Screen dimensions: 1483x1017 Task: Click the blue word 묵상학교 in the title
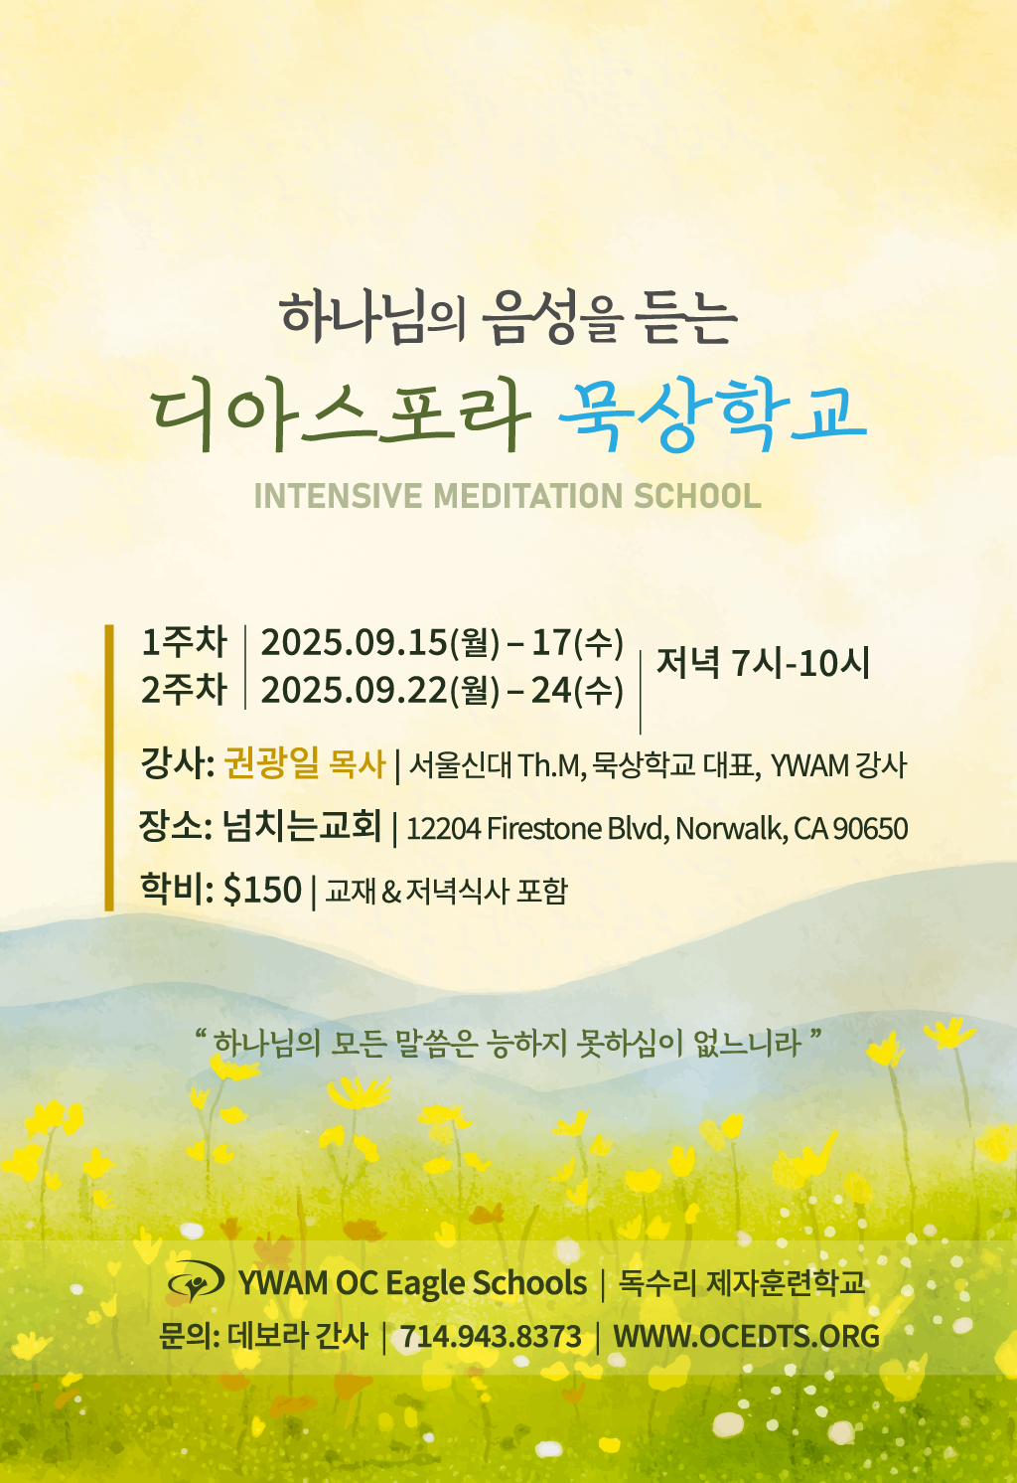[x=712, y=415]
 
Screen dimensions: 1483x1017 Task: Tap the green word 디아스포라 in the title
[x=341, y=415]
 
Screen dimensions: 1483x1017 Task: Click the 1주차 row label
[x=184, y=642]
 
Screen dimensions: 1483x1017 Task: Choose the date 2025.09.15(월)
[x=380, y=643]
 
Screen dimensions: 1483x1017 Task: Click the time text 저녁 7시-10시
[x=763, y=663]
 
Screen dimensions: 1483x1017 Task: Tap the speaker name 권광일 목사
[x=305, y=763]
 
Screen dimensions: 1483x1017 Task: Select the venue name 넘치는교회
[x=302, y=826]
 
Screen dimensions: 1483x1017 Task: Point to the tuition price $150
[x=262, y=889]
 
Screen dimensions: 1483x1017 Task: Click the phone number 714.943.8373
[x=491, y=1336]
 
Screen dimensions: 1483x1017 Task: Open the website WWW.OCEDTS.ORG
[x=746, y=1336]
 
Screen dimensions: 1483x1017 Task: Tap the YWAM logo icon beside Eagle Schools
[x=196, y=1282]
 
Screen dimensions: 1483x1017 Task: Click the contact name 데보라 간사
[x=297, y=1336]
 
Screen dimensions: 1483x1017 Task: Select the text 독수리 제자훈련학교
[x=741, y=1283]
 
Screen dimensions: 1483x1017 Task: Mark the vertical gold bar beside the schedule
[x=109, y=767]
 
